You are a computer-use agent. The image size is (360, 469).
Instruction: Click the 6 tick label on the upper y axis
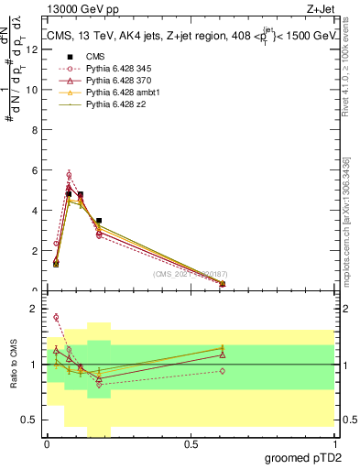click(x=34, y=169)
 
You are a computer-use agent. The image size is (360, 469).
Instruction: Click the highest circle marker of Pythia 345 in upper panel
click(x=69, y=174)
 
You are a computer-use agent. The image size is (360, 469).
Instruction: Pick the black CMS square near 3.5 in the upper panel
click(x=99, y=221)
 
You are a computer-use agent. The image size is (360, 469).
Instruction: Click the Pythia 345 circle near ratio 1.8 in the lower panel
click(x=56, y=318)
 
